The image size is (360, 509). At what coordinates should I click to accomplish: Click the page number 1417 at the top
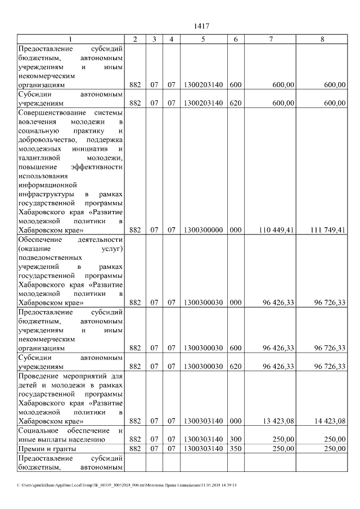(201, 26)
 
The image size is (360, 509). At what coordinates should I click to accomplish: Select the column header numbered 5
(203, 39)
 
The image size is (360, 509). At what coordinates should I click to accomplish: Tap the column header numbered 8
(322, 39)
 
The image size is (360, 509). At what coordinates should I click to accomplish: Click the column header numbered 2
(135, 39)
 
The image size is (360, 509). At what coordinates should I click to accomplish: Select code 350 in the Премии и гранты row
(236, 448)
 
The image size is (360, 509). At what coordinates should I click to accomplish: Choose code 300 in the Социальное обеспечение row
(236, 439)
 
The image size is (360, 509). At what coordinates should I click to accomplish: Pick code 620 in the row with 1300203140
(236, 103)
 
